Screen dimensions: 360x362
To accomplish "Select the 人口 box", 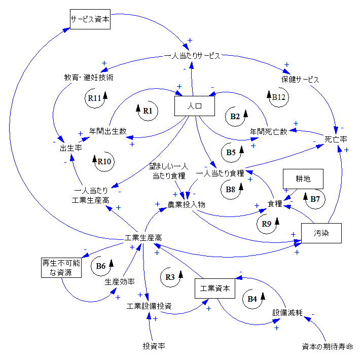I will [x=195, y=106].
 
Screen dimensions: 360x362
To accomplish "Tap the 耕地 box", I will [x=303, y=178].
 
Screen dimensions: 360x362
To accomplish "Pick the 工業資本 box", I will [x=215, y=289].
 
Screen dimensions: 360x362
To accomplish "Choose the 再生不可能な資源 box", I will [x=61, y=268].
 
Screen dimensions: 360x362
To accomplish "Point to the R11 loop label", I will [x=94, y=98].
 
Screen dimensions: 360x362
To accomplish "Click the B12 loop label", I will [x=280, y=96].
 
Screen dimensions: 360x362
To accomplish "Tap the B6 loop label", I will [x=100, y=265].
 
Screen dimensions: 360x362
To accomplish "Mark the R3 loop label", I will [x=170, y=277].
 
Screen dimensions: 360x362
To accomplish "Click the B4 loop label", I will [x=252, y=299].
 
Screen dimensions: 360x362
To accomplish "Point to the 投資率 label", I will [x=154, y=346].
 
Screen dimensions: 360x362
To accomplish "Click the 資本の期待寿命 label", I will [x=327, y=347].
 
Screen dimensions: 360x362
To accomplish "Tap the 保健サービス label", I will [x=300, y=80].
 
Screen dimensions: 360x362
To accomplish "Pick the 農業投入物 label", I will [x=187, y=205].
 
